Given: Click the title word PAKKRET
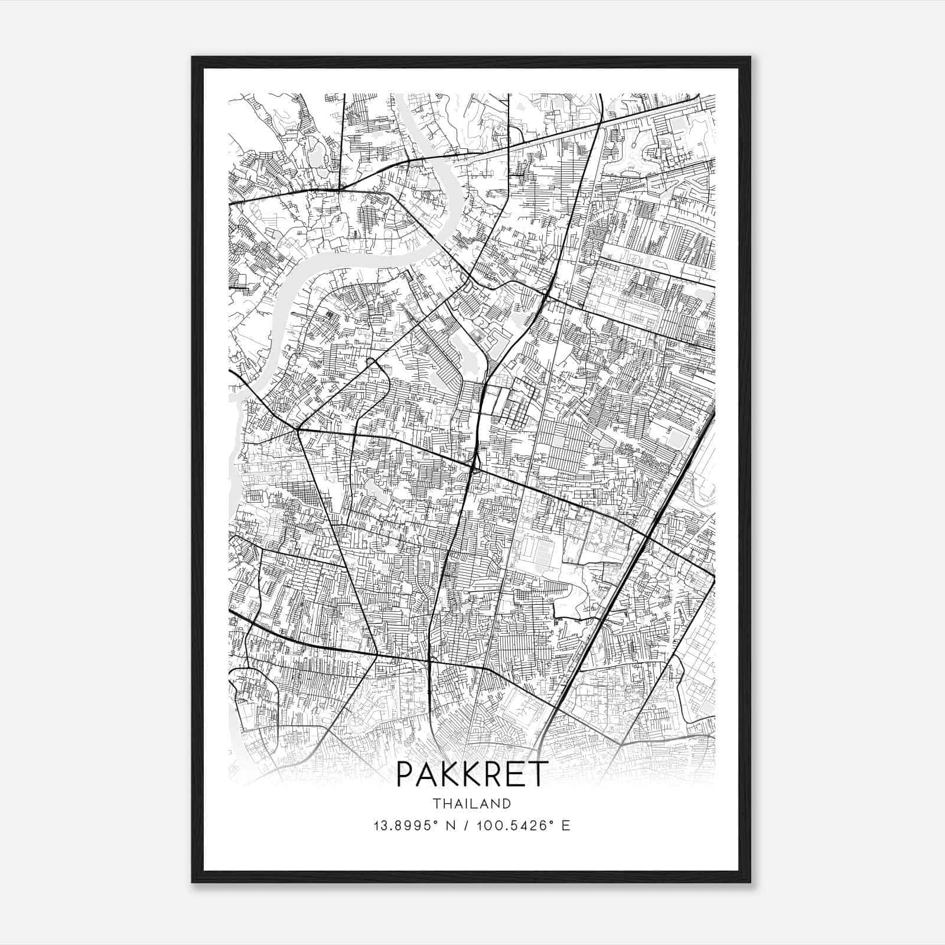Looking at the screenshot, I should [x=472, y=774].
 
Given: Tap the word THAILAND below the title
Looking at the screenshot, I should [x=472, y=804].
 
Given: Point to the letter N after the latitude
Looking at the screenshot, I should [x=448, y=826].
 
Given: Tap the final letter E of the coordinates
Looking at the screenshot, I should [x=566, y=826].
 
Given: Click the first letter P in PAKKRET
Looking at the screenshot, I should [x=405, y=774].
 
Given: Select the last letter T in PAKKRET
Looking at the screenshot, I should [x=538, y=774].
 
